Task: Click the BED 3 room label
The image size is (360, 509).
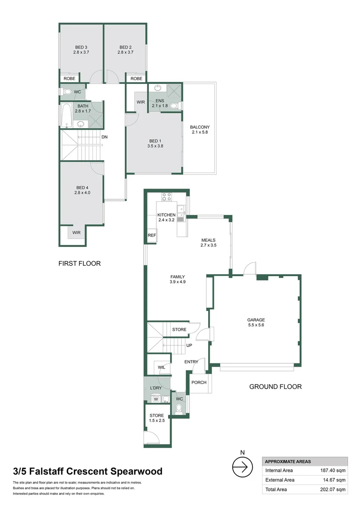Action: point(81,50)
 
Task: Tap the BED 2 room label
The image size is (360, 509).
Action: point(125,50)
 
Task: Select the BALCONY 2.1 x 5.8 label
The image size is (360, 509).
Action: point(199,130)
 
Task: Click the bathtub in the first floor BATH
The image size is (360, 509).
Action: point(66,115)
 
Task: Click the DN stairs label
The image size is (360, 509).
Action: point(105,137)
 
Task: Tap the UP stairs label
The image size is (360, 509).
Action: point(189,345)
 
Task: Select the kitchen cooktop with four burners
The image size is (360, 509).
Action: point(166,196)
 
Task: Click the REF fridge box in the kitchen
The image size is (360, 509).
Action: point(152,235)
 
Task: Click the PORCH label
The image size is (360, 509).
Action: point(199,382)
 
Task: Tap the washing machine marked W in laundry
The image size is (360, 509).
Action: point(155,399)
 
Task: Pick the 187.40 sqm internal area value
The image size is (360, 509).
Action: point(333,470)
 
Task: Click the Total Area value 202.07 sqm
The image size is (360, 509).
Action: point(333,490)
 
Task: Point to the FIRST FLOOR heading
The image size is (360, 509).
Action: point(80,263)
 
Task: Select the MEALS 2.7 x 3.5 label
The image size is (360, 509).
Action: point(208,243)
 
